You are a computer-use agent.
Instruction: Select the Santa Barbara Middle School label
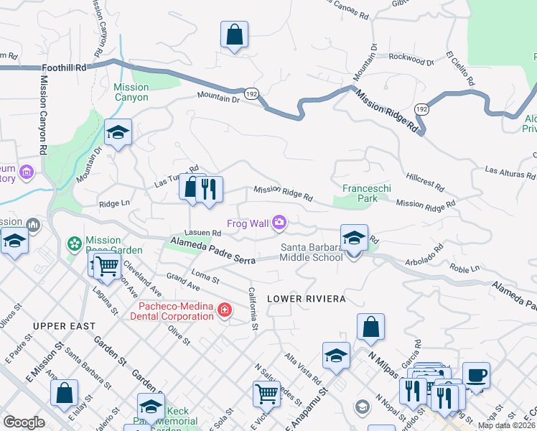click(x=312, y=252)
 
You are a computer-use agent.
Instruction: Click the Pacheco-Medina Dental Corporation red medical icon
click(x=225, y=310)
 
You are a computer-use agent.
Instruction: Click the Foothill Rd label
click(x=64, y=67)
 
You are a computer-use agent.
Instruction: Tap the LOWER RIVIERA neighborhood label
click(x=307, y=298)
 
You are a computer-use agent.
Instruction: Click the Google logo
click(x=24, y=422)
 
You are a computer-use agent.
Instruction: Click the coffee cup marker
click(x=476, y=374)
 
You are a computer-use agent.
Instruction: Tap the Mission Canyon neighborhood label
click(x=131, y=92)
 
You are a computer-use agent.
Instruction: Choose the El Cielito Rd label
click(x=460, y=69)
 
